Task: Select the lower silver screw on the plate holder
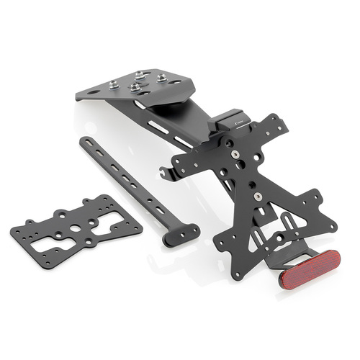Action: [x=256, y=195]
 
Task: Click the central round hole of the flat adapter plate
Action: [x=76, y=228]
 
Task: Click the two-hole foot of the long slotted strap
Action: [x=181, y=233]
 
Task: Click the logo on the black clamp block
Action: [x=243, y=125]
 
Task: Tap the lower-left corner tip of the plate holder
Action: [x=238, y=274]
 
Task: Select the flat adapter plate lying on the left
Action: [x=75, y=230]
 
